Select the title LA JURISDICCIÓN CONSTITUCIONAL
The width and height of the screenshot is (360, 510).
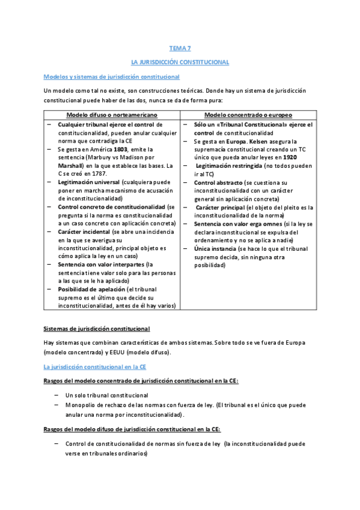tap(180, 62)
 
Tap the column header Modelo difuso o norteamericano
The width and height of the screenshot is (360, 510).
tap(111, 114)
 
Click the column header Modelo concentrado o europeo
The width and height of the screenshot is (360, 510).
tap(248, 114)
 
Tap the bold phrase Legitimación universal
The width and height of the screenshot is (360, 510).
tap(88, 182)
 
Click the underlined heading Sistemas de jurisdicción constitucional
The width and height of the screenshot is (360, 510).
tap(97, 328)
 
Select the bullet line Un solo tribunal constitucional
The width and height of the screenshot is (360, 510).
tap(108, 395)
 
